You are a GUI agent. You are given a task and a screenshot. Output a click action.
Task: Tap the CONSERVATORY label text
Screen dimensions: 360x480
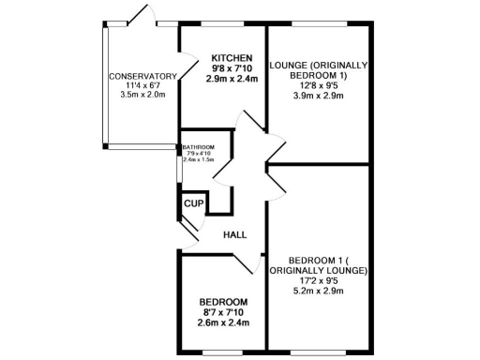tap(143, 76)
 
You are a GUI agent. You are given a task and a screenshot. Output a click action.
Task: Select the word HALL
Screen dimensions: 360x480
tap(234, 235)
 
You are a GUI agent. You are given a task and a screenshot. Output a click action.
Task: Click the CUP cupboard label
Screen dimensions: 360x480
tap(194, 203)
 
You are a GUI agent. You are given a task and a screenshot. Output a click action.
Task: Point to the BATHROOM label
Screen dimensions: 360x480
tap(199, 147)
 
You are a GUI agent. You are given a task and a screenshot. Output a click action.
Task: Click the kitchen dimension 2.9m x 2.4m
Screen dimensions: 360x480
tap(232, 79)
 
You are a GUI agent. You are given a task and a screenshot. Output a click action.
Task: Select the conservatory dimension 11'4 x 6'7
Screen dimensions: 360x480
tap(143, 86)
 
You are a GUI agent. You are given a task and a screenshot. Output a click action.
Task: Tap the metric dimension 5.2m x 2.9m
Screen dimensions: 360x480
tap(319, 291)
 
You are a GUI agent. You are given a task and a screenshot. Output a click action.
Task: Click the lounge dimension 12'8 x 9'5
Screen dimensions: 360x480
tap(319, 85)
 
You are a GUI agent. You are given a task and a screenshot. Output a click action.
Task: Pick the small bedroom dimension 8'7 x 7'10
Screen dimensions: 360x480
tap(222, 311)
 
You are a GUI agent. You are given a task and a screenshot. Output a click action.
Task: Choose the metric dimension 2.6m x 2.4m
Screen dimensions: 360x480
tap(222, 322)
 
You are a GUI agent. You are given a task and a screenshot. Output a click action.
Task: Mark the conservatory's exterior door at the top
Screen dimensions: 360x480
tap(142, 16)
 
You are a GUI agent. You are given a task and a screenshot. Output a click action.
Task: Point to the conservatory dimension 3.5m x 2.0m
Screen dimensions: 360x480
tap(143, 96)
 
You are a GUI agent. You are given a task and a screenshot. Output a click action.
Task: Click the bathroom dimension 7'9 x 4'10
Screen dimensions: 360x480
tap(198, 154)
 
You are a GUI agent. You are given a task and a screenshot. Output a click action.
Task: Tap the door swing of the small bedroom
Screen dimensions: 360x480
tap(246, 262)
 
